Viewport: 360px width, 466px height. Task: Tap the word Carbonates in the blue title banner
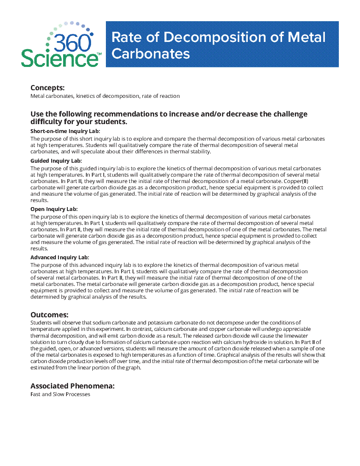151,54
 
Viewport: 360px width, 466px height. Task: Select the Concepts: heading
47,88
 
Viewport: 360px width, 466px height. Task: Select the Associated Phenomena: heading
73,386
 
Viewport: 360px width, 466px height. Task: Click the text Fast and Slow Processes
60,394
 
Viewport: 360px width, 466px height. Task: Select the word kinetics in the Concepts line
85,96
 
